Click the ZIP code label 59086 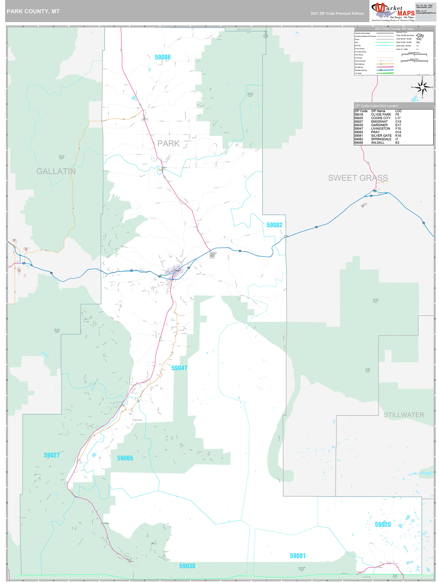click(163, 57)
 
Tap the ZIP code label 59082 click(274, 225)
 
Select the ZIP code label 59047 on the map click(179, 368)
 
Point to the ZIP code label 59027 click(52, 455)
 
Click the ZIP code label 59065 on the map click(125, 458)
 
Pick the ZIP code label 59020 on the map click(383, 524)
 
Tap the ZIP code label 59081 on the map click(298, 556)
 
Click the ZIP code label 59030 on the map click(187, 566)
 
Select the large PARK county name click(168, 143)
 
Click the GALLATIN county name click(56, 171)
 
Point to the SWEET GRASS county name click(358, 178)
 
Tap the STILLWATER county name click(404, 415)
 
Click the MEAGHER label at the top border click(244, 30)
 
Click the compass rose click(422, 87)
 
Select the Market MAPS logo click(393, 12)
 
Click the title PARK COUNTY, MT click(33, 12)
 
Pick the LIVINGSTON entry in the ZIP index click(381, 129)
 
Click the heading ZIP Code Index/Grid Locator click(376, 106)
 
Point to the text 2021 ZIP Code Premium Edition click(337, 13)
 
